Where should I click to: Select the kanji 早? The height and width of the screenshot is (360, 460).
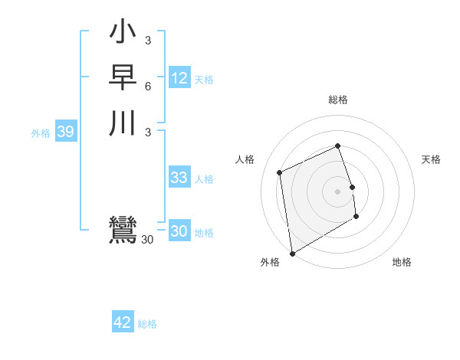pos(123,79)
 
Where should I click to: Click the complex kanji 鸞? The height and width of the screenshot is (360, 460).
pos(123,231)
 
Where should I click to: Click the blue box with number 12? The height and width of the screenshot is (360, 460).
pos(179,78)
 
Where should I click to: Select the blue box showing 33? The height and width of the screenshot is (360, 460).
pos(179,178)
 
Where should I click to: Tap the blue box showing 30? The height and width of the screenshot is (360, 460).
pos(179,231)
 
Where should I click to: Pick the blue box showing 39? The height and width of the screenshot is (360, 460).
pos(65,132)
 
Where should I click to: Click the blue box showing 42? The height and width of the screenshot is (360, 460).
pos(123,322)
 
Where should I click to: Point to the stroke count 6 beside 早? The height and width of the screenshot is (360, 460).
pos(147,86)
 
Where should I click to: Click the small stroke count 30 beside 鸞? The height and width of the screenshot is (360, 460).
pos(147,240)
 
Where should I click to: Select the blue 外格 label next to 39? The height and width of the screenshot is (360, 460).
pos(41,133)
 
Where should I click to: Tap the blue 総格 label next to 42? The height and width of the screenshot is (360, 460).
pos(147,324)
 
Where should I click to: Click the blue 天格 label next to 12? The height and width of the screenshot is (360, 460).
pos(204,80)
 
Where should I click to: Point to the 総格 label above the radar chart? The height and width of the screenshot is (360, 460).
pos(337,100)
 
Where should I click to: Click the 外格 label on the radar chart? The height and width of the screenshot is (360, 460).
pos(270,262)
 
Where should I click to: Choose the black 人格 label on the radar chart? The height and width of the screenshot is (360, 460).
pos(245,159)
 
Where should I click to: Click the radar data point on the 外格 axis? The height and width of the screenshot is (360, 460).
pos(292,253)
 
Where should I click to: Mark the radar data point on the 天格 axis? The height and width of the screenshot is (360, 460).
pos(352,187)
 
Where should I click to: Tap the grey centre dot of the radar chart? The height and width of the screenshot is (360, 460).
pos(337,191)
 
